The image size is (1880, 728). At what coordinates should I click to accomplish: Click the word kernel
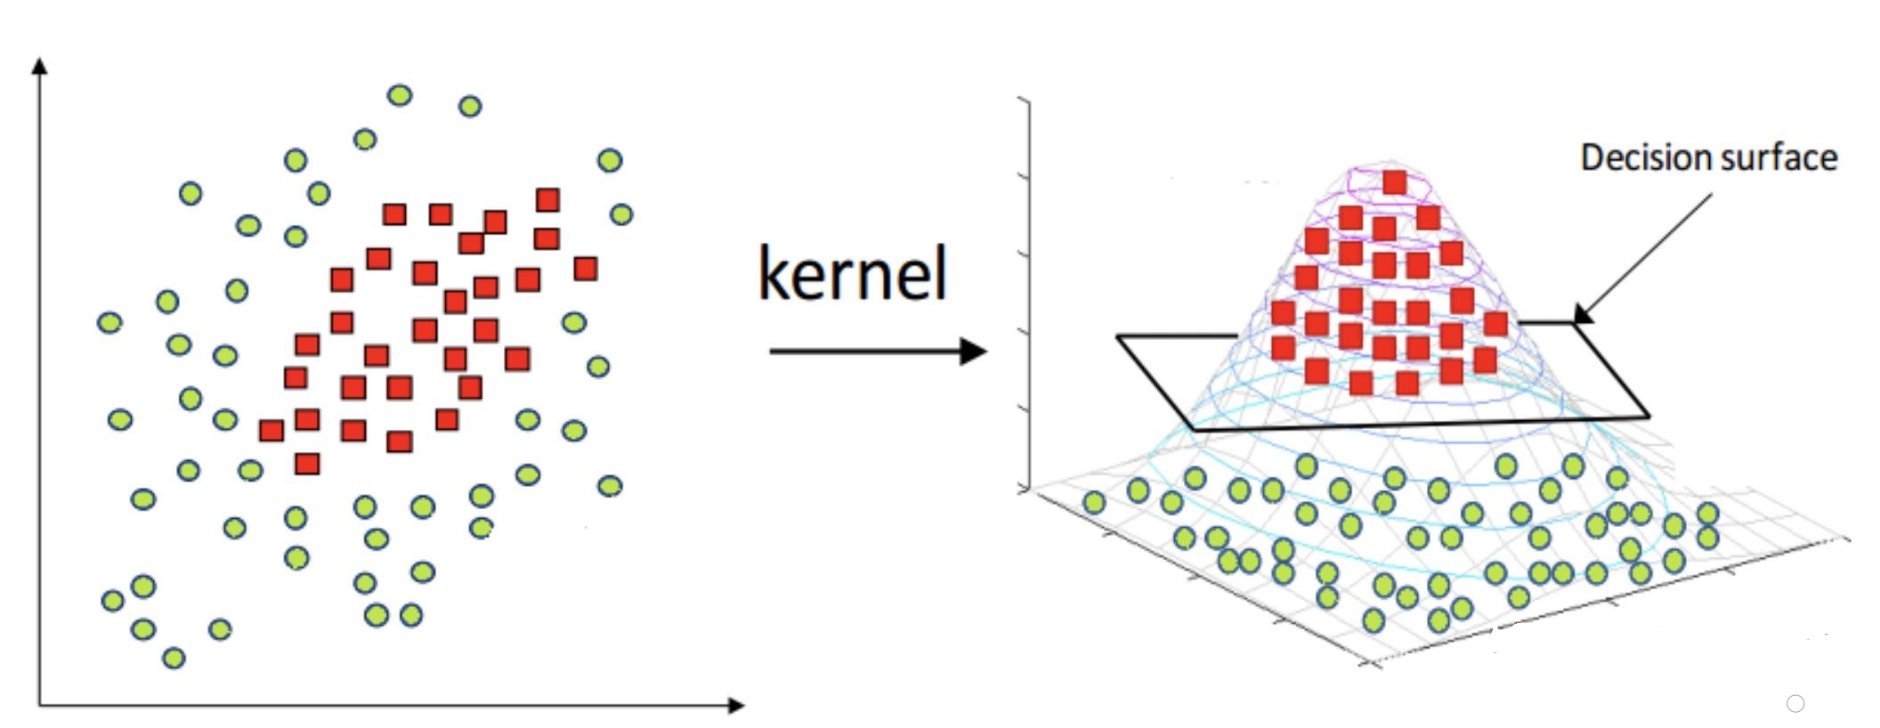[x=853, y=273]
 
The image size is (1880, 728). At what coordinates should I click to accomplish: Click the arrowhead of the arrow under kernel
[x=974, y=352]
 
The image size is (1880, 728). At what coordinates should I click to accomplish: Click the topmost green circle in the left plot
[x=400, y=95]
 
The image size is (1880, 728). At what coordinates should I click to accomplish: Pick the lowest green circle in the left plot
[x=174, y=659]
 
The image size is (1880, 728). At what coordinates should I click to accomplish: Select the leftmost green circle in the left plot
[x=109, y=322]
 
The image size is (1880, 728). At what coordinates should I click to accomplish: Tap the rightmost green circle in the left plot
[x=621, y=214]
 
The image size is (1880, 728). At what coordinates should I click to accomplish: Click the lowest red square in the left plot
[x=307, y=464]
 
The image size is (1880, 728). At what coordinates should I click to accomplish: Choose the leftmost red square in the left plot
[x=271, y=431]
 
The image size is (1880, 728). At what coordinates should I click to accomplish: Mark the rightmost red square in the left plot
[x=585, y=268]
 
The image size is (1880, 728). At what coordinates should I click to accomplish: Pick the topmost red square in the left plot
[x=547, y=199]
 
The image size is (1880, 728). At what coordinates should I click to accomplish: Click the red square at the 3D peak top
[x=1395, y=182]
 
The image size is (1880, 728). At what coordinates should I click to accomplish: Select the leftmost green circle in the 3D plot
[x=1094, y=503]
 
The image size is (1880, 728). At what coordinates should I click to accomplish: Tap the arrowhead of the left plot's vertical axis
[x=39, y=66]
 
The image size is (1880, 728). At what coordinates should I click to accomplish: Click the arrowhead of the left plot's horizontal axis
[x=736, y=706]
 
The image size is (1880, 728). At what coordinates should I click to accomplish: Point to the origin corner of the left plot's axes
[x=39, y=706]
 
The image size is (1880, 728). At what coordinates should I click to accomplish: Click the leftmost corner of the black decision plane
[x=1118, y=336]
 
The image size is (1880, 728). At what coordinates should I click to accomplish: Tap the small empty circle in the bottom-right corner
[x=1795, y=704]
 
